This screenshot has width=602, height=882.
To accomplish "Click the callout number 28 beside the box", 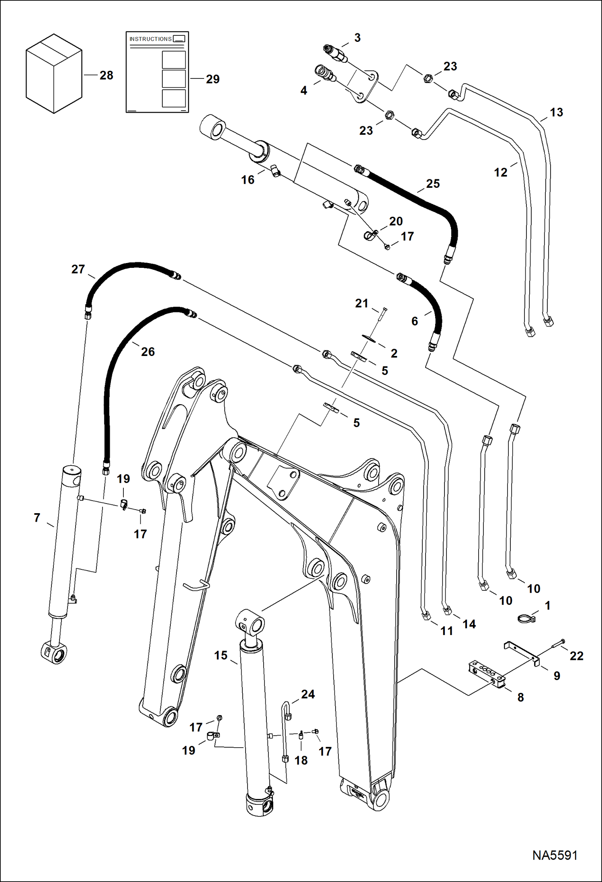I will [106, 75].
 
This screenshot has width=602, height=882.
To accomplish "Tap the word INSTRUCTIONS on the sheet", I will [150, 39].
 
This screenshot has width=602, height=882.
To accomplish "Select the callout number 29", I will [213, 79].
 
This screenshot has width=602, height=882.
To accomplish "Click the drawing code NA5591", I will [555, 855].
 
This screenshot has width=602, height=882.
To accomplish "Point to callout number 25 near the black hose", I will [433, 183].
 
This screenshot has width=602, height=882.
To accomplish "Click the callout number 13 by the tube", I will [556, 112].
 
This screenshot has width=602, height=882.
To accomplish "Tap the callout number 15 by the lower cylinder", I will [221, 655].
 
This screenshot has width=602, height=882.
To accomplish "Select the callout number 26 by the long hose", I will [147, 352].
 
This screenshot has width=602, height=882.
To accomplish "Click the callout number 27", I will [78, 269].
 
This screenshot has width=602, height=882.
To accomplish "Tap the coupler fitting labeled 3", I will [335, 53].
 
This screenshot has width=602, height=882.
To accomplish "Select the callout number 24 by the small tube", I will [308, 694].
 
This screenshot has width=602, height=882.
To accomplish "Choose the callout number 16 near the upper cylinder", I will [248, 179].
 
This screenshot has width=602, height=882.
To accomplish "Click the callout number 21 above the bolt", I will [361, 303].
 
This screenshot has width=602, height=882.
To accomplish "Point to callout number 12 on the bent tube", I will [500, 172].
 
